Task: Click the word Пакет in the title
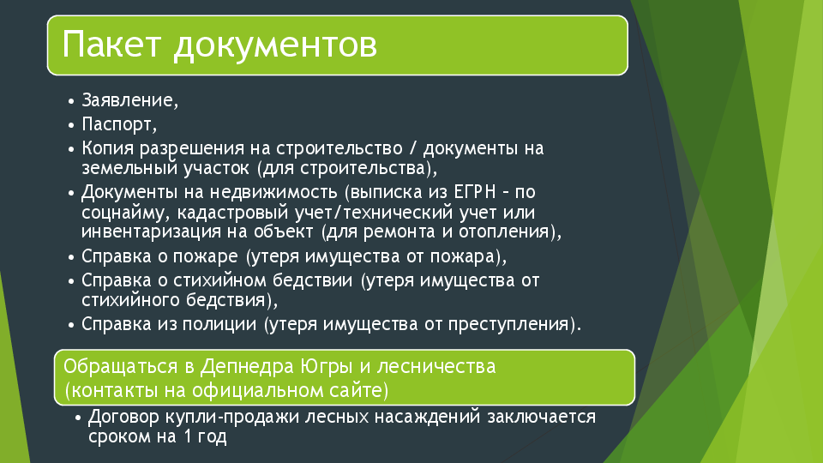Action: [x=111, y=44]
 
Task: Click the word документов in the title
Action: [x=275, y=45]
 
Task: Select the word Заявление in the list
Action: [x=128, y=99]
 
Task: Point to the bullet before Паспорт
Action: [x=71, y=125]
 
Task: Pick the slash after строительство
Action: [x=412, y=148]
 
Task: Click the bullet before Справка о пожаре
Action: [x=71, y=258]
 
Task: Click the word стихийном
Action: [x=220, y=280]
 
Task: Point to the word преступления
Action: [x=508, y=324]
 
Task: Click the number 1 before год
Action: [x=188, y=436]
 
